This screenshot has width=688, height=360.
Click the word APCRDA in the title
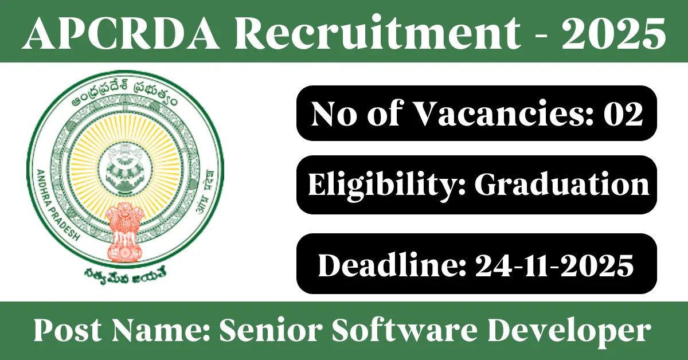click(122, 33)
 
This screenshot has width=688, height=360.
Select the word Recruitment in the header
click(377, 33)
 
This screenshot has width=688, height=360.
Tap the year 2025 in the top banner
click(614, 33)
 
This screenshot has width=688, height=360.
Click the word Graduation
click(562, 185)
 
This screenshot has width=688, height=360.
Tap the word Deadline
click(392, 264)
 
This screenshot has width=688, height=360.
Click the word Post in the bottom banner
click(67, 331)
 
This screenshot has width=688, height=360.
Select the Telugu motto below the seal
click(125, 275)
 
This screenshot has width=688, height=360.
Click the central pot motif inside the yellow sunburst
click(125, 168)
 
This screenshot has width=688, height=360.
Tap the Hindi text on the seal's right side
click(205, 191)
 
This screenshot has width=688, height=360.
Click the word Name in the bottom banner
click(160, 331)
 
